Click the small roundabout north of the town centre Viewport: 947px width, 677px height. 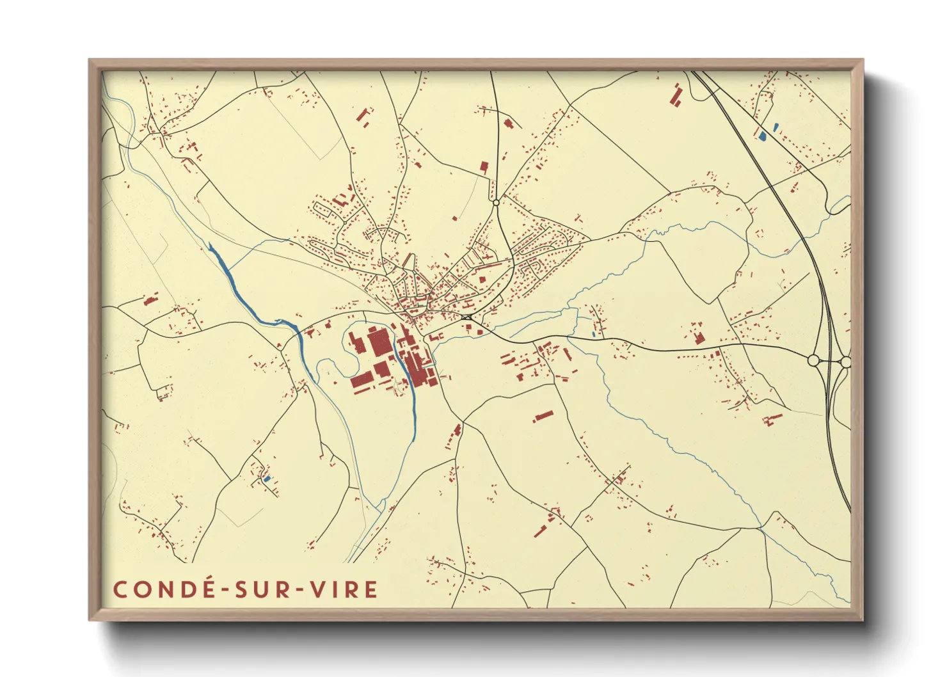(x=496, y=203)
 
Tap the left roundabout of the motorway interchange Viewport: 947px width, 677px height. (x=814, y=361)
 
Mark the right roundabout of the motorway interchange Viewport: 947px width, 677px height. (x=845, y=362)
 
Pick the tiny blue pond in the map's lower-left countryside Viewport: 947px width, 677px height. (x=267, y=478)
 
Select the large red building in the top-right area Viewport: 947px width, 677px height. (x=676, y=95)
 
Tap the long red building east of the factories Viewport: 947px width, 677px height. (x=543, y=416)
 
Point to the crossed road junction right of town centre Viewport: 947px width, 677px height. (x=466, y=317)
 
